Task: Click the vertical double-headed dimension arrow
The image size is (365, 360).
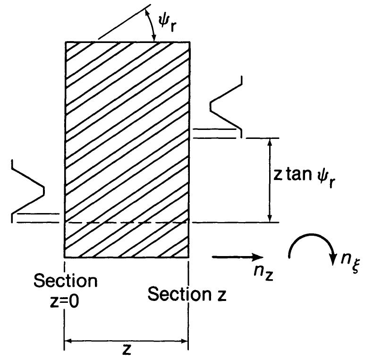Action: pyautogui.click(x=270, y=180)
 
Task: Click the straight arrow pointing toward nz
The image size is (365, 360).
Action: pyautogui.click(x=237, y=257)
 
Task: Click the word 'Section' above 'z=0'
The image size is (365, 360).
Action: pyautogui.click(x=66, y=282)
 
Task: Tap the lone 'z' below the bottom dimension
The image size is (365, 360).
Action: pyautogui.click(x=126, y=351)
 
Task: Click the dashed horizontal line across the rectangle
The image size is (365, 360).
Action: pyautogui.click(x=127, y=222)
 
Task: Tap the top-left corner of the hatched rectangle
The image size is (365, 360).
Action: pyautogui.click(x=65, y=43)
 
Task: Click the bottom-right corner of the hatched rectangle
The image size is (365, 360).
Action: pyautogui.click(x=189, y=257)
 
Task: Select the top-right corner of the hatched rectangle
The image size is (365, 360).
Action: pyautogui.click(x=190, y=43)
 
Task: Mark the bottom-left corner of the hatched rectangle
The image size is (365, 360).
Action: pyautogui.click(x=65, y=257)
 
